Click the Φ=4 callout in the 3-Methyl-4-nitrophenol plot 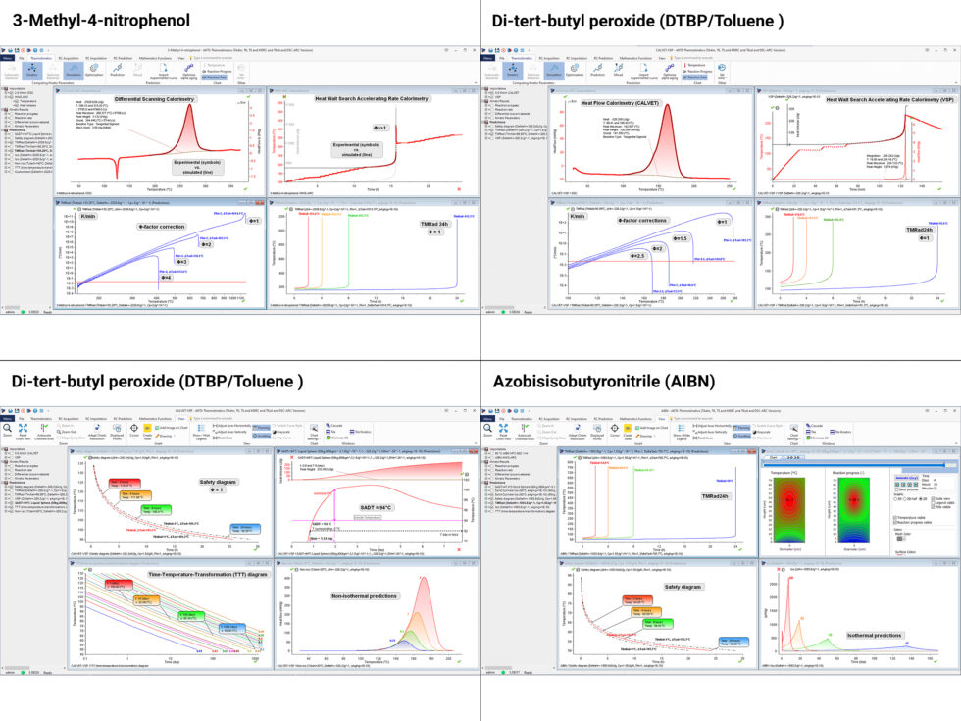[x=166, y=278]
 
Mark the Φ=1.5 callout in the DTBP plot [x=680, y=238]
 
